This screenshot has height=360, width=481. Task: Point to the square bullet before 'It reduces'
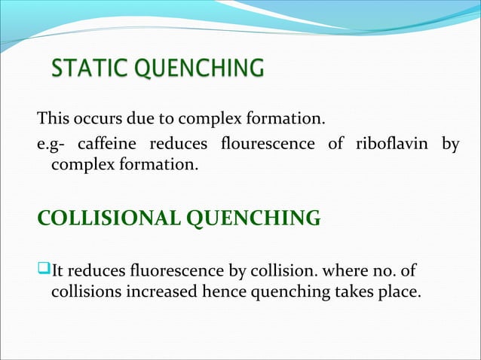coord(43,269)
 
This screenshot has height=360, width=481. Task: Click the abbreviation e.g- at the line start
coord(53,144)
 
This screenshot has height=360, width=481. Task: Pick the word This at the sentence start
coord(52,118)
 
